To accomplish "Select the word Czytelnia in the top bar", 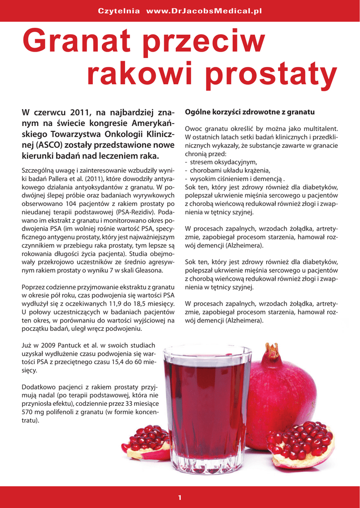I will click(x=119, y=10).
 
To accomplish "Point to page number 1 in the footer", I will click(x=180, y=498).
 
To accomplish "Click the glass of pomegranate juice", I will click(x=208, y=407).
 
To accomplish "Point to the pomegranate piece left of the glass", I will click(x=147, y=442).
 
